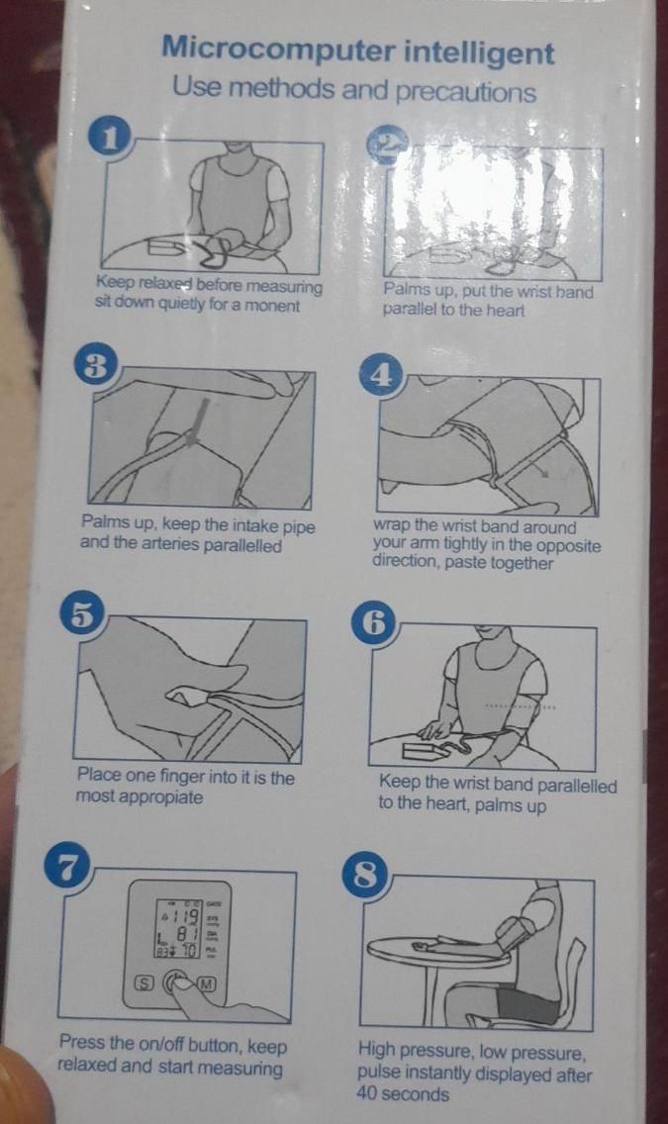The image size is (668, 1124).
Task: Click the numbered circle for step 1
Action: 110,138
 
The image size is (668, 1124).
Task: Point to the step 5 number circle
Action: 83,615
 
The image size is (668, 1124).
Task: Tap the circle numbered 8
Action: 367,875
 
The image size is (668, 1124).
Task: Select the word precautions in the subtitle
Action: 466,92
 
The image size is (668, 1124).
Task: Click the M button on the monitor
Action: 207,983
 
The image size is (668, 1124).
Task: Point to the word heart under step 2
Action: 505,311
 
